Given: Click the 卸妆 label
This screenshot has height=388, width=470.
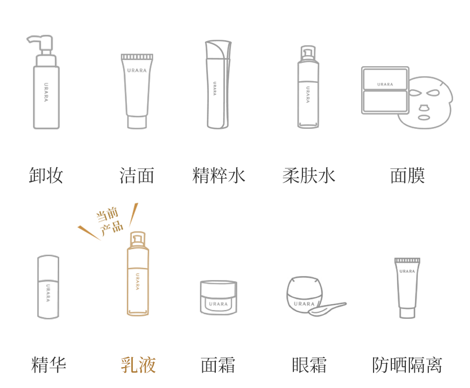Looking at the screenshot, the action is [46, 176].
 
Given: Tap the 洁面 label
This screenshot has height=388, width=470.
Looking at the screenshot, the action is [137, 176].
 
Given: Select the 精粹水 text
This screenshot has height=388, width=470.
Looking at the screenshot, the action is [219, 176].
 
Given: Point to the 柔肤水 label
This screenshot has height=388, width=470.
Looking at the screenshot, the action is [309, 176].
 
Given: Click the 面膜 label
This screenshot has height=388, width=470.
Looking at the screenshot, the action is [408, 176].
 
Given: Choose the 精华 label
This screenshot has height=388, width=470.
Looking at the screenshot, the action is [49, 365].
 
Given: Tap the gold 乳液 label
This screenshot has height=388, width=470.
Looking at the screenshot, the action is [138, 365].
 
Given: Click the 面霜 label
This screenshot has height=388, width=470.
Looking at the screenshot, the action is [218, 365].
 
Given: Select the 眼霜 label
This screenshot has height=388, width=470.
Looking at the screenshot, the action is [309, 365].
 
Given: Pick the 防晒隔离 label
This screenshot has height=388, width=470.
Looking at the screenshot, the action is [407, 365].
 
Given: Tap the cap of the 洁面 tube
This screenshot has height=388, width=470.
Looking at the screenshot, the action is [137, 122].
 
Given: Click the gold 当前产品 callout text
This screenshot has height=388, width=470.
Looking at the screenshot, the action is [110, 222].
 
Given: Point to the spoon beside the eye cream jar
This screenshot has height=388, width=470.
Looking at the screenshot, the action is [327, 308].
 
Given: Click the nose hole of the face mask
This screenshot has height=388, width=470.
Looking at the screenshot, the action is [423, 107].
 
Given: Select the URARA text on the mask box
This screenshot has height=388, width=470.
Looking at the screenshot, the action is [385, 85].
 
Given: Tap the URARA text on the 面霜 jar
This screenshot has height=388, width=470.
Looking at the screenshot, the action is [218, 304].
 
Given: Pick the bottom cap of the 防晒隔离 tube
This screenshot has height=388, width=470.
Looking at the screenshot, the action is [407, 313].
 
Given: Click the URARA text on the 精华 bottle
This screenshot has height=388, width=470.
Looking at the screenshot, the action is [48, 293].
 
